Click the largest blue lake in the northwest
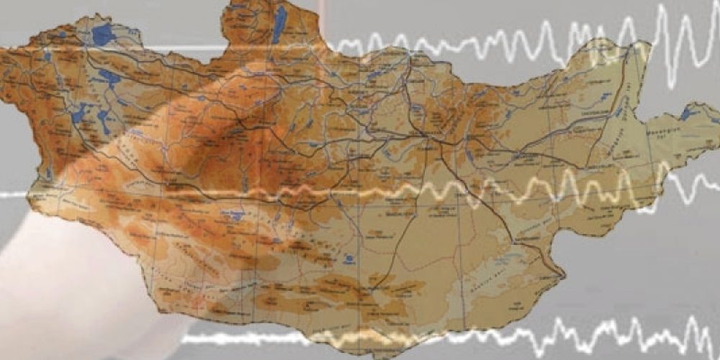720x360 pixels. click(103, 34)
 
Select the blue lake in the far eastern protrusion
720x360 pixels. click(688, 113)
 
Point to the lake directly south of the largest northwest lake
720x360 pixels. click(109, 76)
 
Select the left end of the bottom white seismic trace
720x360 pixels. click(184, 338)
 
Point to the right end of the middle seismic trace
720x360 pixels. click(716, 189)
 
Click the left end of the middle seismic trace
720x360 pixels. click(3, 195)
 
